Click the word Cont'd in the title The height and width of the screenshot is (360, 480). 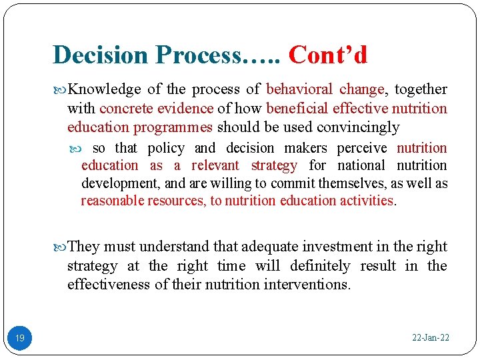click(328, 55)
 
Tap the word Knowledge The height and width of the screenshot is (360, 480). click(105, 89)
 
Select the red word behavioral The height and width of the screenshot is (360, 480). click(299, 89)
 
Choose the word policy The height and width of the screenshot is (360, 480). click(166, 148)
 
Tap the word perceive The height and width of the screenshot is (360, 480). click(361, 148)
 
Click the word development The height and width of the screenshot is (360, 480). click(120, 183)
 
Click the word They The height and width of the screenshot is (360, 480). click(84, 247)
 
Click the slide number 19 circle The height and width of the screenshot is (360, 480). click(20, 338)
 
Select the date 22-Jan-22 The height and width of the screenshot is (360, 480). click(431, 338)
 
